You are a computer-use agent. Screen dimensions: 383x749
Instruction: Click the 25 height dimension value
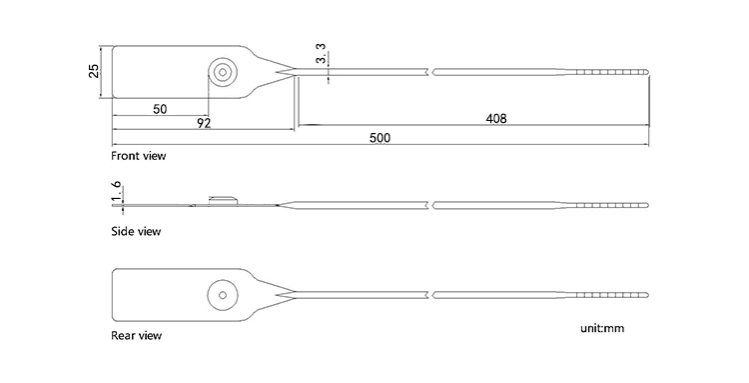(x=93, y=71)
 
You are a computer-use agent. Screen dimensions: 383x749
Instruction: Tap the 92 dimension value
(x=203, y=123)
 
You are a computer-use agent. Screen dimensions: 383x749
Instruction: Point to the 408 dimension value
(x=495, y=118)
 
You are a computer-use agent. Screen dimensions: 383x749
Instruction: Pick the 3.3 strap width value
(x=321, y=55)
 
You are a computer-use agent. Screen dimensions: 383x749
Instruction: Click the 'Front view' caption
(x=138, y=156)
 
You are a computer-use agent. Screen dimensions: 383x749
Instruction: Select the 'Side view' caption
(x=136, y=231)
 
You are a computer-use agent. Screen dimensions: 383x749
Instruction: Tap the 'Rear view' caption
(x=136, y=335)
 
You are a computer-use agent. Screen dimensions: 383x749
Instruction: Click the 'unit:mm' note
(x=601, y=327)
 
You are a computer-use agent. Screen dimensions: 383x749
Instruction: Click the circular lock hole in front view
(x=221, y=71)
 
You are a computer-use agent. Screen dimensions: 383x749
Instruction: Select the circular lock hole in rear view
(x=221, y=294)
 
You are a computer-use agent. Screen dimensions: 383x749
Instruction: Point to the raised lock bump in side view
(x=221, y=199)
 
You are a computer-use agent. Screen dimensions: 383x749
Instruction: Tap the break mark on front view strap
(x=431, y=72)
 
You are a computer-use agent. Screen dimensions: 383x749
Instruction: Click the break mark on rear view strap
(x=431, y=294)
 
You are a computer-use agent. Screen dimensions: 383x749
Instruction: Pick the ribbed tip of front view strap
(x=614, y=72)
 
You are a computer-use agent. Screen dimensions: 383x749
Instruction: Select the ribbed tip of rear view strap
(x=614, y=294)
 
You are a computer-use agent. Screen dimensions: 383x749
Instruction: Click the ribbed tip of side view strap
(x=614, y=204)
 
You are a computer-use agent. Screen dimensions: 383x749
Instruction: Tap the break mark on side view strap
(x=431, y=204)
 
